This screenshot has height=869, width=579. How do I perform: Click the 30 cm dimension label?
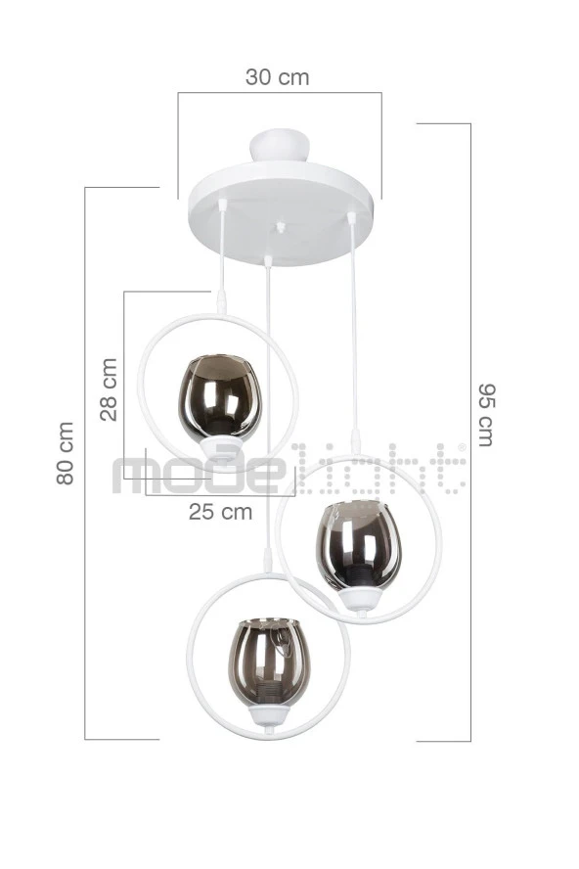[277, 77]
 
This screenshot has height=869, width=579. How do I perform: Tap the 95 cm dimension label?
[486, 415]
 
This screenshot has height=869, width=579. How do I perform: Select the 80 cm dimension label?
[66, 453]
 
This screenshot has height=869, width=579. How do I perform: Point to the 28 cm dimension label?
[110, 389]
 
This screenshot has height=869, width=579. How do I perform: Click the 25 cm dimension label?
[220, 512]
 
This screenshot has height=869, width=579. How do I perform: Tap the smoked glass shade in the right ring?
[358, 546]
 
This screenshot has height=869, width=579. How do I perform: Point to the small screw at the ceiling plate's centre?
[281, 226]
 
